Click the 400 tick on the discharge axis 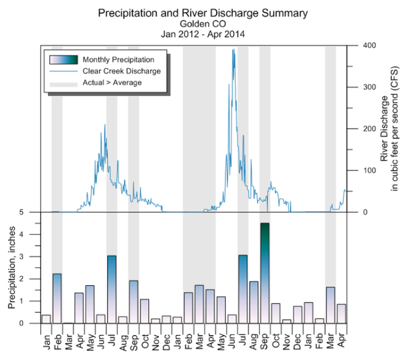(x=358, y=46)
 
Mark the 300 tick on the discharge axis (x=358, y=87)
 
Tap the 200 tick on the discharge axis (x=358, y=129)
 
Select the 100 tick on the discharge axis (x=358, y=171)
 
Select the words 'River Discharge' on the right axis (x=384, y=128)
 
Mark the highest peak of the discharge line (x=234, y=49)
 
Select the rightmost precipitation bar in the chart (x=341, y=314)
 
